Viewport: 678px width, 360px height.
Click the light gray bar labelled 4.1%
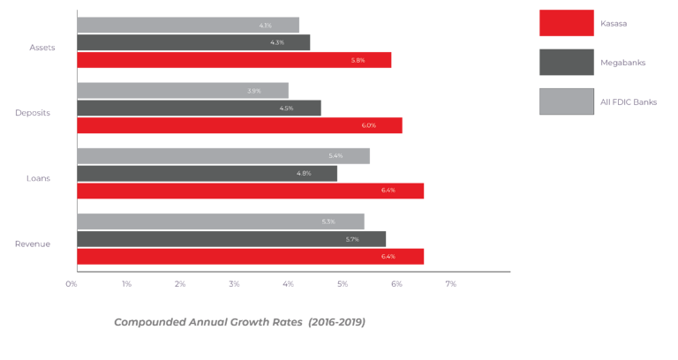[188, 25]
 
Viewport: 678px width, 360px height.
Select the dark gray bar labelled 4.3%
[193, 42]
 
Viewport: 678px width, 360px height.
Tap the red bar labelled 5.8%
[234, 60]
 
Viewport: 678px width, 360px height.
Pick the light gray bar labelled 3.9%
[183, 90]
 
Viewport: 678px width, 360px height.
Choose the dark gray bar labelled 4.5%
[199, 108]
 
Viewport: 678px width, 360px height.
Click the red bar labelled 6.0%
[239, 125]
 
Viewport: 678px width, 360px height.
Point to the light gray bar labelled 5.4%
[223, 155]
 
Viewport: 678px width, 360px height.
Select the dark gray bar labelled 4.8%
[207, 173]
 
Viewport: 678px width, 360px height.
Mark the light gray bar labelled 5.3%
[221, 221]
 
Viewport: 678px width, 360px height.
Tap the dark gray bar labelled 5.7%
[231, 239]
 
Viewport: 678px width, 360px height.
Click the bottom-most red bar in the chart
[251, 256]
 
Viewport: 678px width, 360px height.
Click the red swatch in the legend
[566, 23]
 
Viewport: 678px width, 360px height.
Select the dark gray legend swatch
[566, 63]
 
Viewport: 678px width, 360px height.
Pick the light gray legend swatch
[566, 101]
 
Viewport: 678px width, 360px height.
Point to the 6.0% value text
[368, 125]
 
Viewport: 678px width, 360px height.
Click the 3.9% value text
[253, 91]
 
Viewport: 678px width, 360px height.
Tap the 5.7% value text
[352, 239]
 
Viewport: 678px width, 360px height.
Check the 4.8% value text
[304, 173]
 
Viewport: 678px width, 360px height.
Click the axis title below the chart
[239, 322]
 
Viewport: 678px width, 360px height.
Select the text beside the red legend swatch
[614, 24]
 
